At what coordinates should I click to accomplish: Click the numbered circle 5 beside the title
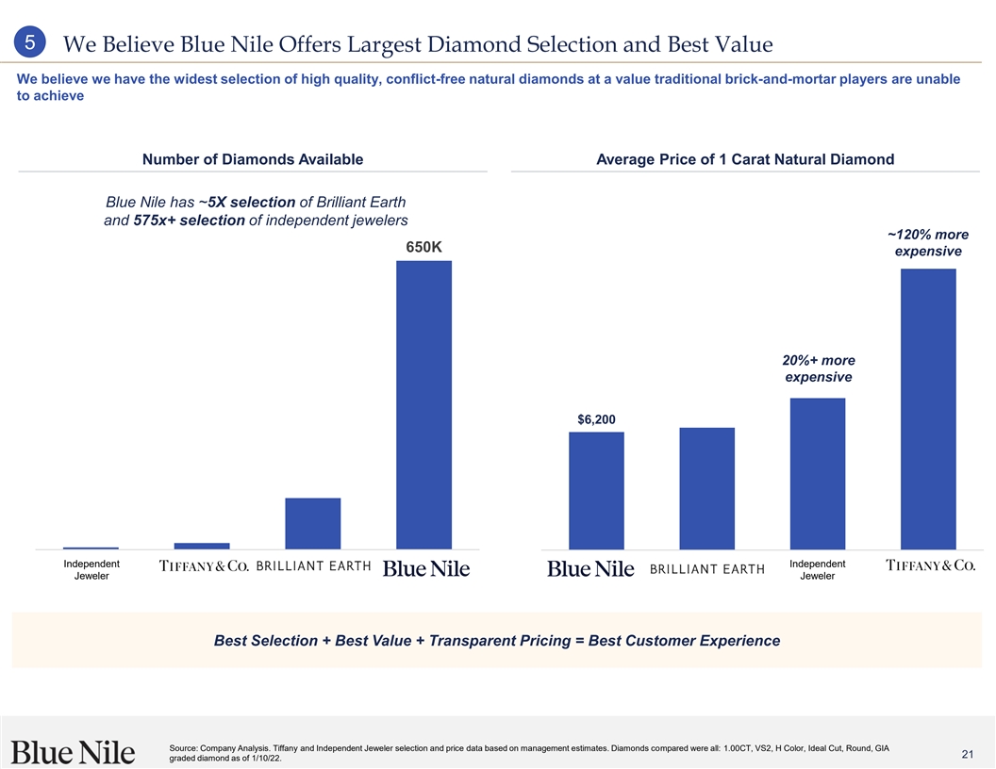pyautogui.click(x=31, y=43)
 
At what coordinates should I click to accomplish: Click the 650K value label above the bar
pyautogui.click(x=423, y=247)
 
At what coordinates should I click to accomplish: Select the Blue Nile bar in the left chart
pyautogui.click(x=424, y=404)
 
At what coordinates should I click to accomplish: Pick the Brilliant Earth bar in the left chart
pyautogui.click(x=312, y=523)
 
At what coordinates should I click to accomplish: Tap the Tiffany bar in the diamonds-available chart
pyautogui.click(x=202, y=546)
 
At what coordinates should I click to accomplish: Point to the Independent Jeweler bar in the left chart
pyautogui.click(x=91, y=548)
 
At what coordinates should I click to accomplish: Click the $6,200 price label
pyautogui.click(x=596, y=418)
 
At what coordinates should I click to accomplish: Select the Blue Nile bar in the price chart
pyautogui.click(x=596, y=490)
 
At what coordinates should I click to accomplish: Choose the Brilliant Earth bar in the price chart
pyautogui.click(x=706, y=488)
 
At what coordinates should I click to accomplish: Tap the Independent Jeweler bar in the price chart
pyautogui.click(x=817, y=473)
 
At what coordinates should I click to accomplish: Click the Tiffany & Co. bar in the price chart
pyautogui.click(x=928, y=408)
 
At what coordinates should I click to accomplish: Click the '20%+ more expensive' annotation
pyautogui.click(x=818, y=368)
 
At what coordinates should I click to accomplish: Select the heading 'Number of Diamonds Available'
pyautogui.click(x=252, y=159)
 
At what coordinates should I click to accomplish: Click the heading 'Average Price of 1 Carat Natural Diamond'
pyautogui.click(x=745, y=159)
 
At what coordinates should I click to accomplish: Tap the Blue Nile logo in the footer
pyautogui.click(x=74, y=751)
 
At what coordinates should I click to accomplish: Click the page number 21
pyautogui.click(x=967, y=754)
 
